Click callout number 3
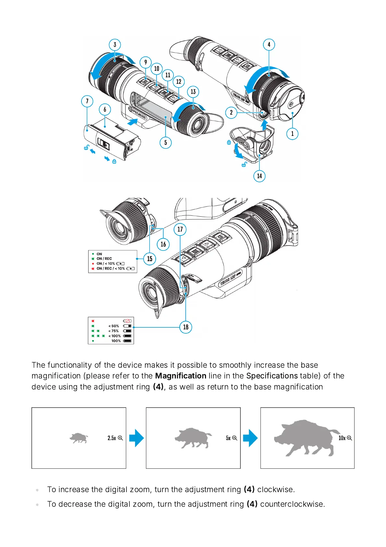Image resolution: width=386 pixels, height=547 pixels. tap(115, 45)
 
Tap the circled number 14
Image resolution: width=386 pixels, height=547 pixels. tap(259, 176)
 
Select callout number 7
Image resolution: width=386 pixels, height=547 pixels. tap(87, 101)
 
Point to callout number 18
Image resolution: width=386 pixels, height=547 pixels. tap(186, 327)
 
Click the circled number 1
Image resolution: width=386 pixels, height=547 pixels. tap(292, 134)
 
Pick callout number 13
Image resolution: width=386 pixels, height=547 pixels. tap(193, 92)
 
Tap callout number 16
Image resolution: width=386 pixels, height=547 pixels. tap(163, 244)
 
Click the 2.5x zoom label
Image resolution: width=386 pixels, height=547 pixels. tap(112, 438)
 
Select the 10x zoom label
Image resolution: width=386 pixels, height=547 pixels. tap(342, 438)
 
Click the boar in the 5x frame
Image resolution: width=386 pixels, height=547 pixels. tap(193, 438)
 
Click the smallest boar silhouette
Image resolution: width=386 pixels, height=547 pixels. tap(79, 438)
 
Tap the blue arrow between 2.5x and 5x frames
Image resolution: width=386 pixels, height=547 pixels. tap(136, 438)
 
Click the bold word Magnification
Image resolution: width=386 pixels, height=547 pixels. tap(181, 376)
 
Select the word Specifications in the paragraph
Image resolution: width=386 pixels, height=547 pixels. tap(272, 376)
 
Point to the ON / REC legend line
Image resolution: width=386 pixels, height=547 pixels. tap(104, 259)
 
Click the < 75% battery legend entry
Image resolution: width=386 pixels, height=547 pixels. tap(114, 331)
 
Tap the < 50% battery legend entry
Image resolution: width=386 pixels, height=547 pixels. tap(114, 326)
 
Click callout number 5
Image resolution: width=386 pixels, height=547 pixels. tap(166, 142)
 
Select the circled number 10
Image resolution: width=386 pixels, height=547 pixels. tap(157, 69)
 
